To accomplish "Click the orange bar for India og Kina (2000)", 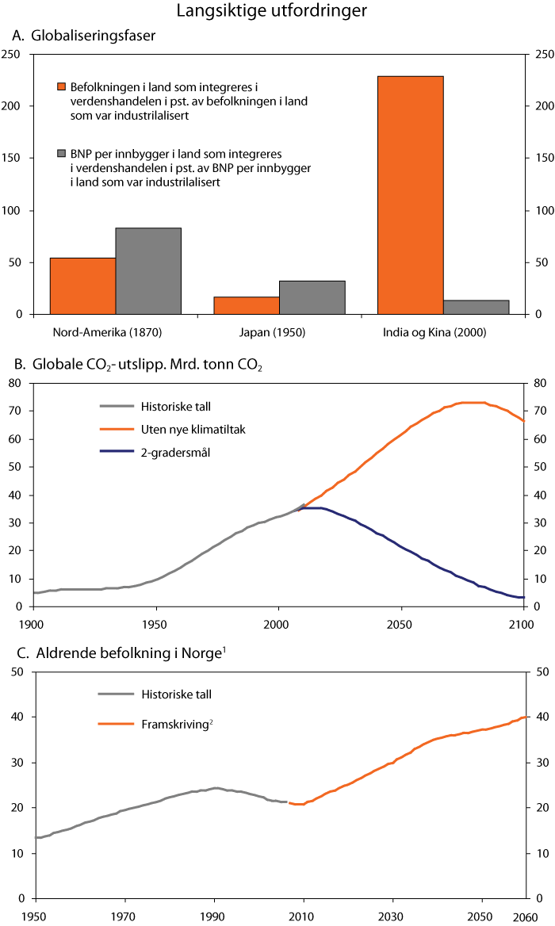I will pyautogui.click(x=411, y=195).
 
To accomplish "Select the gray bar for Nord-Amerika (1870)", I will pyautogui.click(x=148, y=270).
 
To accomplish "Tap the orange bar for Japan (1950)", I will pyautogui.click(x=247, y=305).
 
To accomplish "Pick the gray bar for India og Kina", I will pyautogui.click(x=477, y=307).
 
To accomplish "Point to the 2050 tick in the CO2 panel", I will pyautogui.click(x=400, y=624).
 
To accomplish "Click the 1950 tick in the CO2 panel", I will pyautogui.click(x=153, y=624).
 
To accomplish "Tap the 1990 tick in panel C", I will pyautogui.click(x=212, y=916).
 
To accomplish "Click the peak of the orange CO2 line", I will pyautogui.click(x=472, y=402).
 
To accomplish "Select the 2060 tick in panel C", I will pyautogui.click(x=524, y=916).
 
